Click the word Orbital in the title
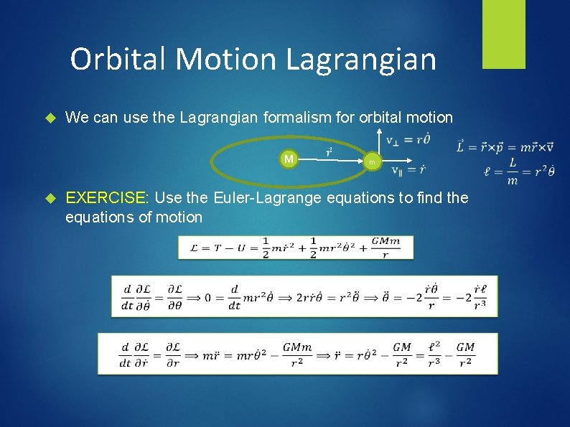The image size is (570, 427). tap(119, 59)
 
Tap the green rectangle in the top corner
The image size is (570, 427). tap(503, 34)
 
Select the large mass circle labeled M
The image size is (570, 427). tap(289, 158)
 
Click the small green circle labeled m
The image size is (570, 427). tap(372, 163)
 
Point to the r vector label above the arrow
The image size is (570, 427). tap(329, 151)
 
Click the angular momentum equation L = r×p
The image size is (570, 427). tap(505, 147)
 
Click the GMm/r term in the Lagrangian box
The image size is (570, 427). tap(386, 248)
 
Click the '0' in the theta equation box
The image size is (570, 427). tap(208, 296)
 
